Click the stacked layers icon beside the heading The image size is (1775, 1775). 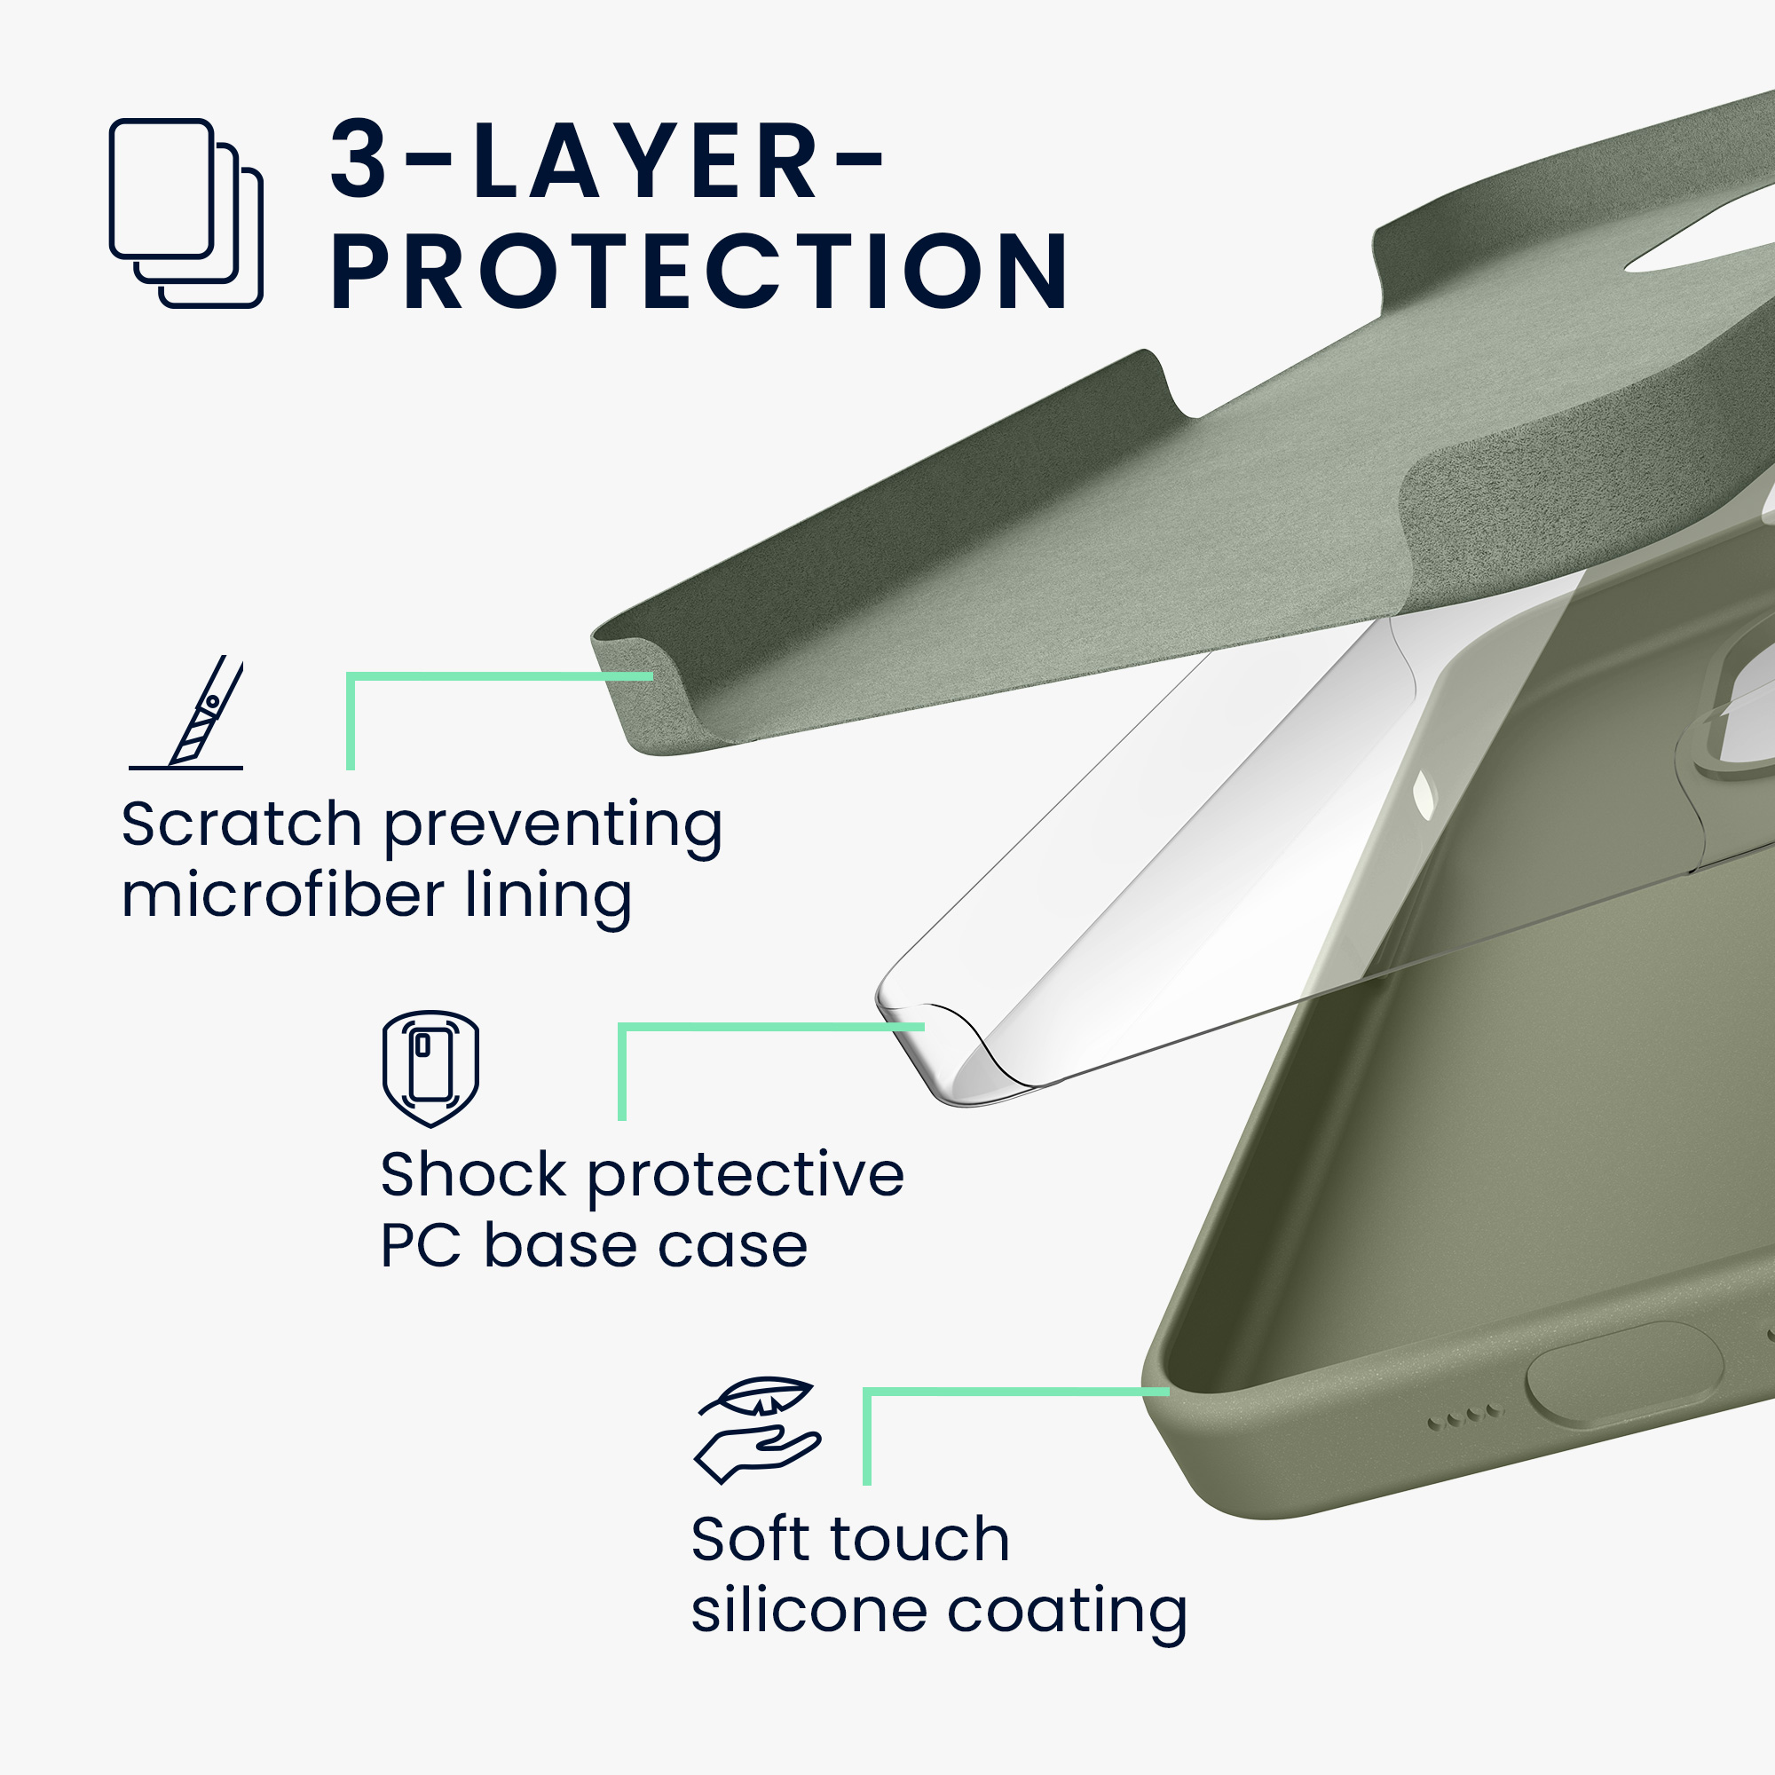185,213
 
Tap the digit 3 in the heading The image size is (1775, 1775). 359,158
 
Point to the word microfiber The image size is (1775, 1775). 283,895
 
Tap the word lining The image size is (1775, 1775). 548,896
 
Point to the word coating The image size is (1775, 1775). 1067,1613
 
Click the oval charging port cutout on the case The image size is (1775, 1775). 1624,1375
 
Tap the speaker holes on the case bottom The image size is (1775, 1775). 1466,1416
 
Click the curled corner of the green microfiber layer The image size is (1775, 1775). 643,689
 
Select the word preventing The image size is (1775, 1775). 553,826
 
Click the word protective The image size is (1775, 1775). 746,1177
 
